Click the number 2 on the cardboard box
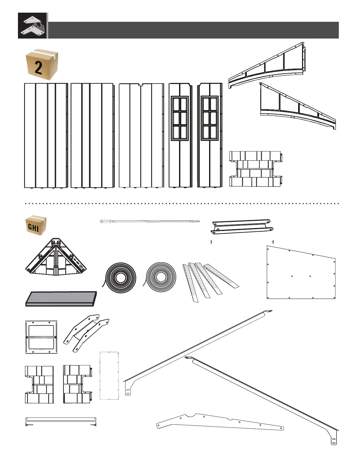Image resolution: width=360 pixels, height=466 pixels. (x=39, y=67)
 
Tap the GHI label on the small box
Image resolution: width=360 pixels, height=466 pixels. (x=33, y=227)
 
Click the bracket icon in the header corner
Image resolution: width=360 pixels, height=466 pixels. (x=33, y=26)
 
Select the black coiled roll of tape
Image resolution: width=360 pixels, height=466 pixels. (x=121, y=277)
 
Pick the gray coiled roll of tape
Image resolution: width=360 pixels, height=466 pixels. (x=161, y=277)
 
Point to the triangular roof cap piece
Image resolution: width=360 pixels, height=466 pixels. (x=56, y=257)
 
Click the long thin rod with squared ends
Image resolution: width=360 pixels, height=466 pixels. (x=150, y=221)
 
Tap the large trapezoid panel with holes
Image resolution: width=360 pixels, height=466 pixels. (x=301, y=274)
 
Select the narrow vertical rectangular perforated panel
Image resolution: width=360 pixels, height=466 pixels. (x=109, y=375)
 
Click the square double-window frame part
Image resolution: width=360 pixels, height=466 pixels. (x=41, y=337)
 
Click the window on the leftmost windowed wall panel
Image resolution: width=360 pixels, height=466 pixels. (x=180, y=118)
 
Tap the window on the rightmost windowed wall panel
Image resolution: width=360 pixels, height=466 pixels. (x=210, y=118)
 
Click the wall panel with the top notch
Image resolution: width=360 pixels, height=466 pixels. (x=141, y=135)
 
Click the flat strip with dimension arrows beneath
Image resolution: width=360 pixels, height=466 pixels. (x=61, y=419)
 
